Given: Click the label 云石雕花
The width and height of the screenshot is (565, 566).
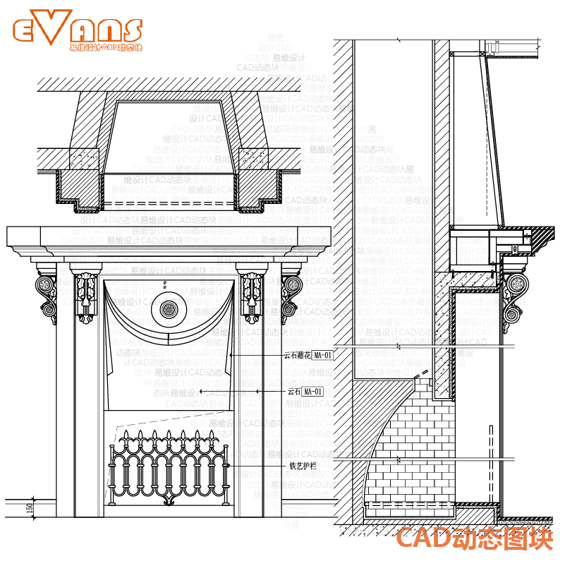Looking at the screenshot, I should point(296,355).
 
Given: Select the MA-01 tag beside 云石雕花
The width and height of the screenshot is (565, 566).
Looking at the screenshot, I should point(323,355).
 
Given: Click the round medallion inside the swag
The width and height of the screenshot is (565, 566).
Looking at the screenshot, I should point(169,308).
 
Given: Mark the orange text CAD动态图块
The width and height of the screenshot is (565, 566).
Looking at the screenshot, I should point(473,539).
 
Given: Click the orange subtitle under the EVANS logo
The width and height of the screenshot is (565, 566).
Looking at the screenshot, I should point(106,48).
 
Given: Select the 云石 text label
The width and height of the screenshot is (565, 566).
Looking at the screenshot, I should point(294,391).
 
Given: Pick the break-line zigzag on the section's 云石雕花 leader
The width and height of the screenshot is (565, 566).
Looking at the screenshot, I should point(400,345).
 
